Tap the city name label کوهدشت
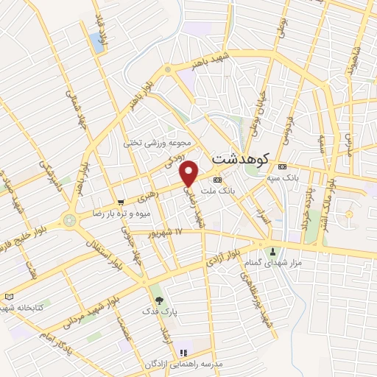tap(241, 158)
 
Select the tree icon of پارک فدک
tap(158, 300)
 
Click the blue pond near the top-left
tap(98, 41)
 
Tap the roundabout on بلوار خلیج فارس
tap(71, 219)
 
